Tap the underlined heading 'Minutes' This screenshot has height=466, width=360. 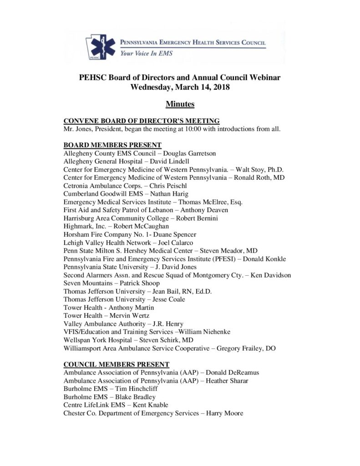click(x=180, y=104)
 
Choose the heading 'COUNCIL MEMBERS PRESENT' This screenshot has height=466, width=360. click(x=116, y=365)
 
